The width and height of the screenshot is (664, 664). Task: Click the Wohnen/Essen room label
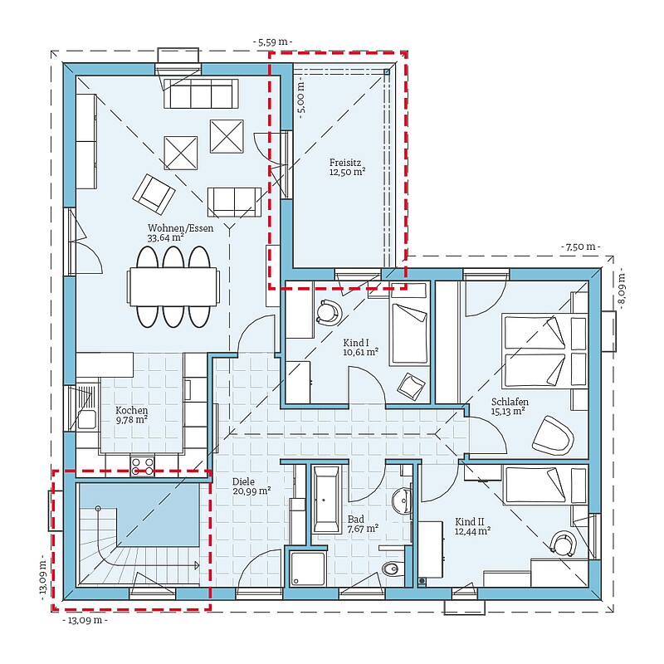pyautogui.click(x=180, y=232)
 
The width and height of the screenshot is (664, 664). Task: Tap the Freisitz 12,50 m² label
pyautogui.click(x=347, y=168)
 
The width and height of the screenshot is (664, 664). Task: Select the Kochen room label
pyautogui.click(x=132, y=415)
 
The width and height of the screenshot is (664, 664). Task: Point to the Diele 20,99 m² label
pyautogui.click(x=251, y=486)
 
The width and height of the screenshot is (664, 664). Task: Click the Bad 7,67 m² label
pyautogui.click(x=363, y=524)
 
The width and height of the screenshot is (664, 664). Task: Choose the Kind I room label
pyautogui.click(x=360, y=347)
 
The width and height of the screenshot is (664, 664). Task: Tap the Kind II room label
pyautogui.click(x=472, y=526)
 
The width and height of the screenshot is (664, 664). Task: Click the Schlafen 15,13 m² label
pyautogui.click(x=510, y=407)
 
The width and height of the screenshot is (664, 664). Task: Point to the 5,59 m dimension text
pyautogui.click(x=273, y=42)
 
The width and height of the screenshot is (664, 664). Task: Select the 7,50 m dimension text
pyautogui.click(x=580, y=247)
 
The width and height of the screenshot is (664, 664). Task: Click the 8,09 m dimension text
pyautogui.click(x=622, y=291)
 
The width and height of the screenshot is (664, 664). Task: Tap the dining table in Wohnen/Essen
pyautogui.click(x=173, y=286)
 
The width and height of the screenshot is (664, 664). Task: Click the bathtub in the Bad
pyautogui.click(x=326, y=500)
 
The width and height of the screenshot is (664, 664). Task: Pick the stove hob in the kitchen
pyautogui.click(x=142, y=466)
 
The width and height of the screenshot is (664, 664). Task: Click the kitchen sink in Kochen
pyautogui.click(x=85, y=408)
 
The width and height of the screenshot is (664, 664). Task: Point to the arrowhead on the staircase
pyautogui.click(x=196, y=565)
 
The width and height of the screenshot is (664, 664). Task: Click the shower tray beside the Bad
pyautogui.click(x=308, y=569)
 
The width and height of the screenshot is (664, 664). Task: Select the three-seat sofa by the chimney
pyautogui.click(x=201, y=94)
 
